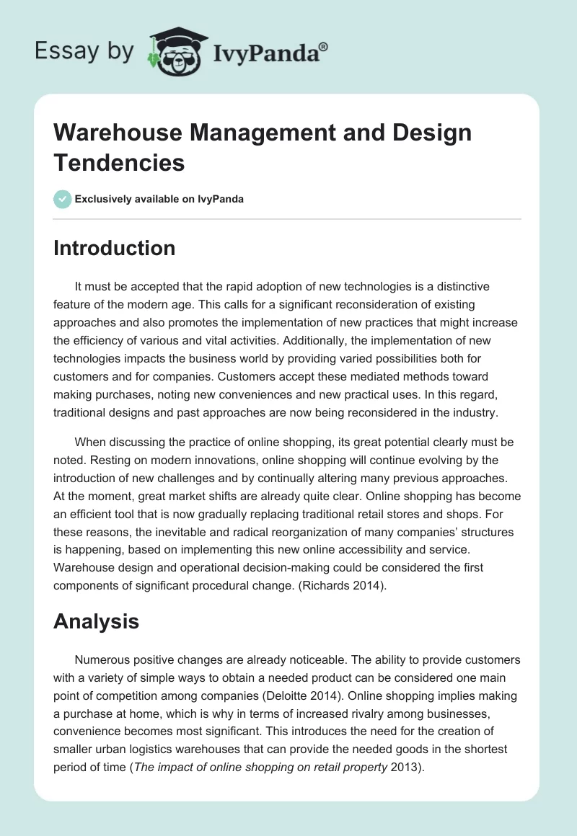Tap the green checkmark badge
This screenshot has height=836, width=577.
pyautogui.click(x=63, y=199)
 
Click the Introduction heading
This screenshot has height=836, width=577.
pyautogui.click(x=114, y=248)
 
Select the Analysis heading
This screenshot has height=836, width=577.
pyautogui.click(x=96, y=621)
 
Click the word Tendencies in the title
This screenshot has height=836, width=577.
pyautogui.click(x=119, y=163)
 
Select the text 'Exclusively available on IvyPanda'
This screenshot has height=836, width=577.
pyautogui.click(x=159, y=200)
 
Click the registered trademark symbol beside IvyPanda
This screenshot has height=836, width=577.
pyautogui.click(x=324, y=46)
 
